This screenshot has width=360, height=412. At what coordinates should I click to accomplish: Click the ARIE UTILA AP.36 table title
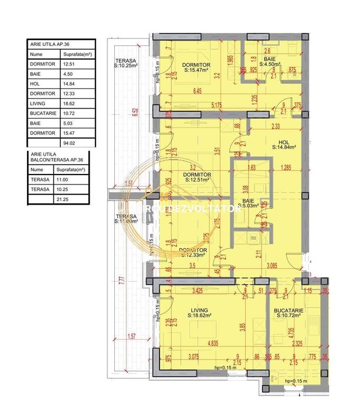tap(54, 44)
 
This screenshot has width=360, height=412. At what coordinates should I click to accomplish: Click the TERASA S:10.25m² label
tap(126, 64)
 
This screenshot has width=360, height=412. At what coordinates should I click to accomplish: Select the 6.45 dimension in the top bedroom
tap(183, 91)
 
